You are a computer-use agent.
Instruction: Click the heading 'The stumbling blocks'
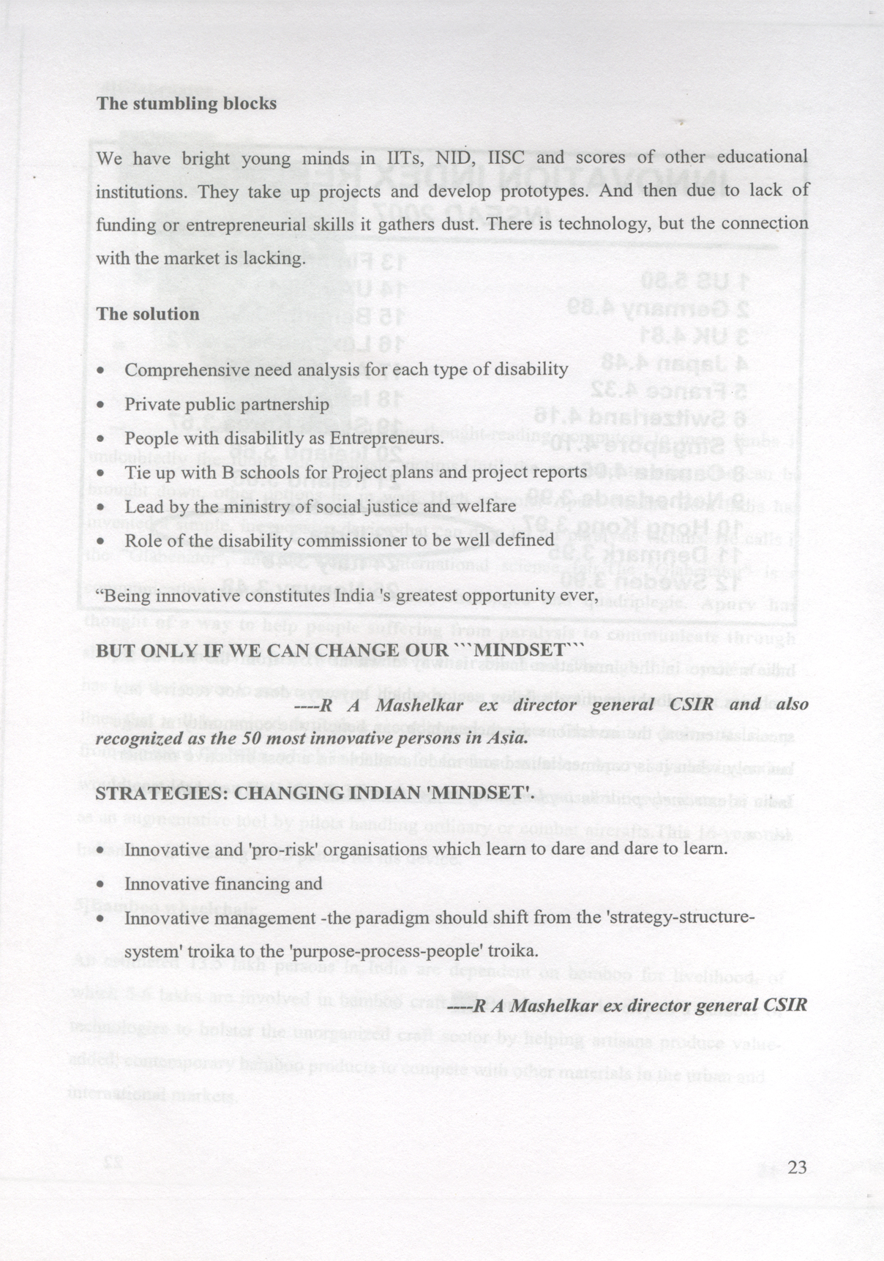click(187, 103)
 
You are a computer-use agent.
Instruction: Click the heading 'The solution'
click(147, 314)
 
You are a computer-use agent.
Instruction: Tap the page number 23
click(797, 1167)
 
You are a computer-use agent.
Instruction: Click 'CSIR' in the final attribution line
click(785, 1005)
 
